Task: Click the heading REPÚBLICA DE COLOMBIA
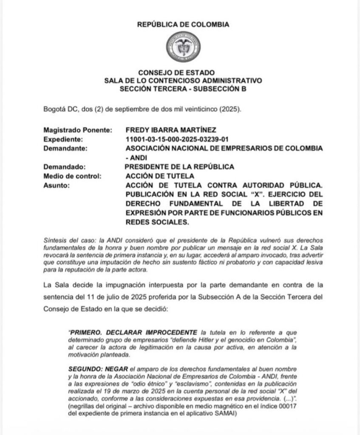183,24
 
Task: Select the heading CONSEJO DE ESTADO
183,73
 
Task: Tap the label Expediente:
63,138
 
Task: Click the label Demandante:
65,148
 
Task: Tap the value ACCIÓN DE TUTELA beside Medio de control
160,176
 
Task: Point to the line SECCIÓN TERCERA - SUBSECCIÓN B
183,89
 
